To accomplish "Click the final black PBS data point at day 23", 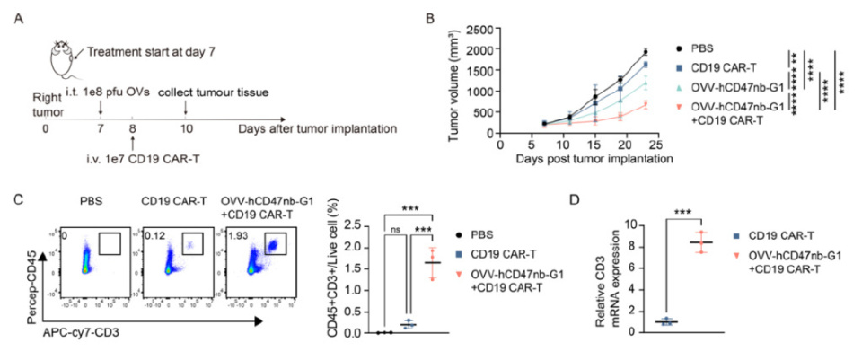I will point(646,51).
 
